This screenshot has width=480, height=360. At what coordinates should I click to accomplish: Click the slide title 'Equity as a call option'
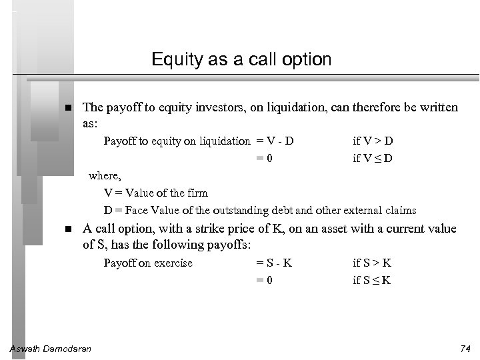pyautogui.click(x=241, y=59)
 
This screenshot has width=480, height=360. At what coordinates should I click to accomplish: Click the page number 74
pyautogui.click(x=465, y=349)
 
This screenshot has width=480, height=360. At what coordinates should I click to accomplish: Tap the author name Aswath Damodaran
pyautogui.click(x=51, y=349)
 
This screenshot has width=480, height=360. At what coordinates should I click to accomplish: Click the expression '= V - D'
pyautogui.click(x=275, y=141)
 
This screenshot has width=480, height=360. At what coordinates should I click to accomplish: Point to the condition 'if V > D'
pyautogui.click(x=373, y=141)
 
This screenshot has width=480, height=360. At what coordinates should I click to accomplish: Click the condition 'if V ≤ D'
pyautogui.click(x=373, y=158)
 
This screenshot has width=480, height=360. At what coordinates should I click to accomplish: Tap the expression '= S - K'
pyautogui.click(x=275, y=263)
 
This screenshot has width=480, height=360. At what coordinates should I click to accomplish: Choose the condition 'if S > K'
pyautogui.click(x=372, y=263)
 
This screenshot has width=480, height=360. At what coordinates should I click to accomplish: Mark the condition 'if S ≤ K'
pyautogui.click(x=372, y=280)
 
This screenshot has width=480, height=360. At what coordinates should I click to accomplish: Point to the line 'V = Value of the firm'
pyautogui.click(x=156, y=193)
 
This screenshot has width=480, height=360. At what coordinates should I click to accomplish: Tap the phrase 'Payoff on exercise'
pyautogui.click(x=148, y=263)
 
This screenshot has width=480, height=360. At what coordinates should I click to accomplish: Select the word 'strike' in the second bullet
pyautogui.click(x=225, y=229)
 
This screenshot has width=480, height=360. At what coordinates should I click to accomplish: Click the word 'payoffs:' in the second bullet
pyautogui.click(x=229, y=245)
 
